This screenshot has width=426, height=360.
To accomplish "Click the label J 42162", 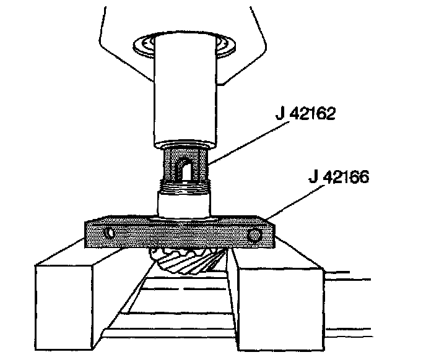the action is [305, 113].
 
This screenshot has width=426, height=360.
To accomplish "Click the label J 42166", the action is [339, 177].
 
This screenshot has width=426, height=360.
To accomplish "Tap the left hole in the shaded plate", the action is [110, 233].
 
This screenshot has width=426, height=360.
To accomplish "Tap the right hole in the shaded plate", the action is [254, 235].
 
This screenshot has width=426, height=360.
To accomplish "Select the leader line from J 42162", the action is [248, 143].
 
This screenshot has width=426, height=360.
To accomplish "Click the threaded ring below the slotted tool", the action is [185, 187].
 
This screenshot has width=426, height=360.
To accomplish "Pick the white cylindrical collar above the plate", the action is [184, 204].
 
